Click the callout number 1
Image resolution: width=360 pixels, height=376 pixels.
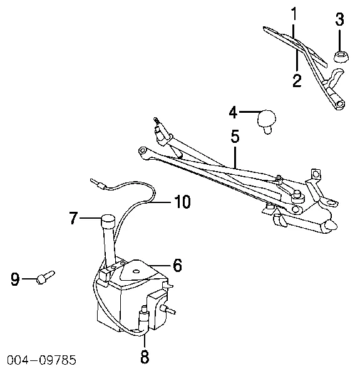[x=294, y=13]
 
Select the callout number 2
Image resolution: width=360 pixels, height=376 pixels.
[x=297, y=80]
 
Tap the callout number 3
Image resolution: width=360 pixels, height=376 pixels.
[x=339, y=19]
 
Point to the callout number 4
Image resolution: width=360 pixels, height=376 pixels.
[x=234, y=112]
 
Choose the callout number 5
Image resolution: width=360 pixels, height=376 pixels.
[x=235, y=136]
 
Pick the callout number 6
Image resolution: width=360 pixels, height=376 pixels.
[x=177, y=265]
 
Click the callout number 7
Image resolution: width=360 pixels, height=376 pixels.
[x=74, y=217]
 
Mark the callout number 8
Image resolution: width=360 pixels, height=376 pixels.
[x=145, y=357]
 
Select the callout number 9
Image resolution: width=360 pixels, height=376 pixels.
[x=15, y=279]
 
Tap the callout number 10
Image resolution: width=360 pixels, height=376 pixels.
[x=183, y=201]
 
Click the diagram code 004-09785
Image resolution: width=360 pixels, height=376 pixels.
[x=42, y=360]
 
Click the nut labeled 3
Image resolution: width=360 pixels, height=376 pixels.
[x=341, y=56]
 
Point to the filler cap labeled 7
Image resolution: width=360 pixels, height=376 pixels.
[x=108, y=222]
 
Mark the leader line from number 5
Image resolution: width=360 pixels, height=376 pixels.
[x=235, y=157]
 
